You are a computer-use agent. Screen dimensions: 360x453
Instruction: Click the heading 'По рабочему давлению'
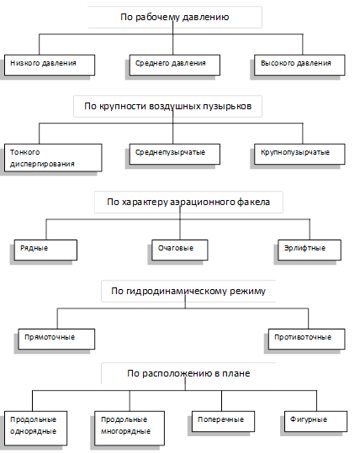[175, 17]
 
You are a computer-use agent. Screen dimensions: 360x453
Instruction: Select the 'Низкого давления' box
[50, 65]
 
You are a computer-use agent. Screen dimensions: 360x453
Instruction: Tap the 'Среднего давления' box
[175, 65]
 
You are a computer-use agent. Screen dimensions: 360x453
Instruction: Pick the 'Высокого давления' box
[299, 65]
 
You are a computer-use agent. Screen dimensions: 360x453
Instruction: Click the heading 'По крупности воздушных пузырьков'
[167, 106]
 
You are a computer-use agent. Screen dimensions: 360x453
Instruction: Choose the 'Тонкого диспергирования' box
[53, 158]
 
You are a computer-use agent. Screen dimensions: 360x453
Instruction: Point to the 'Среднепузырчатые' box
[175, 154]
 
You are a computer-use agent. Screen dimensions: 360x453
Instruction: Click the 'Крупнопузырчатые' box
[299, 154]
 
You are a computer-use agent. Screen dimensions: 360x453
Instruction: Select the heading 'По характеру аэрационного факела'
[188, 202]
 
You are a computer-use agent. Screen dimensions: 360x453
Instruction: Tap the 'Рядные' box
[45, 250]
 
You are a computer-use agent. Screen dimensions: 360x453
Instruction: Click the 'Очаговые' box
[180, 250]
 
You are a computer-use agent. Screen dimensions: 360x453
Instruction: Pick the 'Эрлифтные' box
[310, 250]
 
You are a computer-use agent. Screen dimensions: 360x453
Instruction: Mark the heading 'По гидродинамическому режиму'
[188, 291]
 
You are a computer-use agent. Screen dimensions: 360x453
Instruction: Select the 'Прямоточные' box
[56, 339]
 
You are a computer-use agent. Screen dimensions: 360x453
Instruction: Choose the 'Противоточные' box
[306, 339]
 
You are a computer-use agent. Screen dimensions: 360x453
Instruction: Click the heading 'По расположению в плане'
[188, 373]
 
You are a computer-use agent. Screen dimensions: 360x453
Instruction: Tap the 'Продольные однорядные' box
[35, 428]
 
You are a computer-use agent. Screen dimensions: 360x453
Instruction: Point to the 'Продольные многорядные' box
[130, 428]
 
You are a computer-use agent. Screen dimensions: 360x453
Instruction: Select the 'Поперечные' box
[223, 421]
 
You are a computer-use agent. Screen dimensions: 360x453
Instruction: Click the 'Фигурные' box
[315, 421]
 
